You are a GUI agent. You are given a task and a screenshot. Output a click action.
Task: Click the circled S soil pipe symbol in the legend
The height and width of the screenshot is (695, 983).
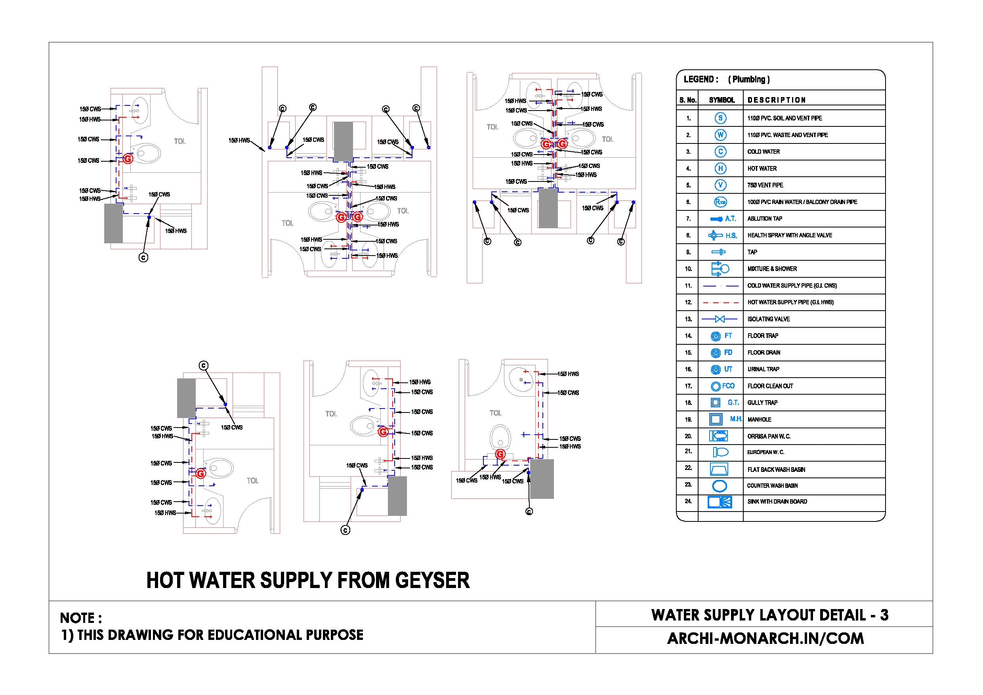pos(720,118)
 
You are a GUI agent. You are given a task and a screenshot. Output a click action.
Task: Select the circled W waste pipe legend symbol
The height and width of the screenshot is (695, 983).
pos(720,135)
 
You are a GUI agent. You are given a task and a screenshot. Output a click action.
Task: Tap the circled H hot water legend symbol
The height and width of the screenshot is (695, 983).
pos(720,168)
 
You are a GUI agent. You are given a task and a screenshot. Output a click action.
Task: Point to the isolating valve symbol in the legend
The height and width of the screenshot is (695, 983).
pos(720,319)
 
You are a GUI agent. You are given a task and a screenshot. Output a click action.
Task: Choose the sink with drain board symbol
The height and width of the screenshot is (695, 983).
pos(720,502)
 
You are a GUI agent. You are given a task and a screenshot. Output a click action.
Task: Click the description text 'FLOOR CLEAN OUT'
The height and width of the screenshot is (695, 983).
pos(770,386)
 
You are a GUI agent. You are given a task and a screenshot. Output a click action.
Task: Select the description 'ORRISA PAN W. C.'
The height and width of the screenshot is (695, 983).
pos(769,436)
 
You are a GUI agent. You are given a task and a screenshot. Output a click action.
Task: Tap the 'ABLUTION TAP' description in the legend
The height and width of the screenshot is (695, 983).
pos(765,219)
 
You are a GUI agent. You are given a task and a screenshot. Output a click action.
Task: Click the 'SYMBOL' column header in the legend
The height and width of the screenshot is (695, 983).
pos(722,100)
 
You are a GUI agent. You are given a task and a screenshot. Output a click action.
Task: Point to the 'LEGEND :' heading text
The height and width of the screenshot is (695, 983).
pos(701,79)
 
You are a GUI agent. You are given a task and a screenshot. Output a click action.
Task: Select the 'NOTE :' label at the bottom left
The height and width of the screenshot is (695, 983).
pos(81,618)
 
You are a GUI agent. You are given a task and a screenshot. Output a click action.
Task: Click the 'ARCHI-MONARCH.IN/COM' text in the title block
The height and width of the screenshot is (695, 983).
pos(765,638)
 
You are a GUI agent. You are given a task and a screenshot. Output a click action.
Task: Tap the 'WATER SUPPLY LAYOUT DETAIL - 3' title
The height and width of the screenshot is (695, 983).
pos(769,615)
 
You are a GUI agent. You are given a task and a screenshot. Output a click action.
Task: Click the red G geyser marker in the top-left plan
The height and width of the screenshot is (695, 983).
pos(128,159)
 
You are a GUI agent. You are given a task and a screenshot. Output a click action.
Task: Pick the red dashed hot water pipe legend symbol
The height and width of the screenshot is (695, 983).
pos(720,302)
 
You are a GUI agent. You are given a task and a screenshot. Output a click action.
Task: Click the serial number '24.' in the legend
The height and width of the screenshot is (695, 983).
pos(688,501)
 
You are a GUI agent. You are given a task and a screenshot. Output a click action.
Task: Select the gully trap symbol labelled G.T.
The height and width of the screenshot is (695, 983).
pos(716,403)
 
